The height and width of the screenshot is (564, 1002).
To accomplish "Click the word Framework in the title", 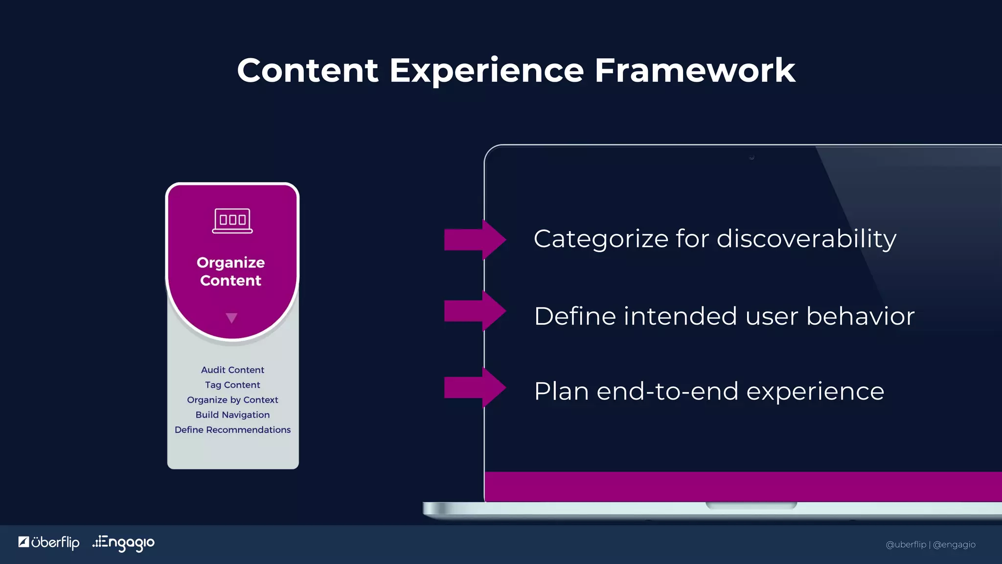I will coord(695,70).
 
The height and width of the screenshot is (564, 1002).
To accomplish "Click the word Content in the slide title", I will coord(307,70).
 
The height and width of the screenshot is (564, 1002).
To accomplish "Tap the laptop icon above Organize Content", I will coord(232,221).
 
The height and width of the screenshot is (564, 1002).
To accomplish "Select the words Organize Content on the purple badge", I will coord(231,271).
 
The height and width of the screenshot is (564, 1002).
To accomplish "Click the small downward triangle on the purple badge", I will coord(231,318).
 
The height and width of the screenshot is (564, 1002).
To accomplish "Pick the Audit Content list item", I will coord(232,370).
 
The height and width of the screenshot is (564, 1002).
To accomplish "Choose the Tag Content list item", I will coord(232,385).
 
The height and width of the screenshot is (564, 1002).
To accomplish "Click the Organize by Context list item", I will coord(232,400).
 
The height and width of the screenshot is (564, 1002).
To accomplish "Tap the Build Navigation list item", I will coord(232,415).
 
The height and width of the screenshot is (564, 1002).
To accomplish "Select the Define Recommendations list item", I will coord(232,430).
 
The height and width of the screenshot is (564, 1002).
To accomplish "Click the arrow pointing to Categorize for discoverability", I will coord(475,240).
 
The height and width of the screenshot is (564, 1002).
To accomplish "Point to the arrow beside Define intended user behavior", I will coord(475,311).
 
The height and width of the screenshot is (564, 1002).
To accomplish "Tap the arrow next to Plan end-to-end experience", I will coord(475,388).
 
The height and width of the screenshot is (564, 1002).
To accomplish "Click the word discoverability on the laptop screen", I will coord(806,239).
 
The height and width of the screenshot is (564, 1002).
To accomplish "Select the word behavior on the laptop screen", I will coord(860,316).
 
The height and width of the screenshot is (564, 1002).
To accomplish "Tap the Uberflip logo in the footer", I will coord(49,542).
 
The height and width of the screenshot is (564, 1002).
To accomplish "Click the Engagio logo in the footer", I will coord(124,542).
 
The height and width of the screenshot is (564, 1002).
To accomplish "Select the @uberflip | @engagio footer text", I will coord(930,544).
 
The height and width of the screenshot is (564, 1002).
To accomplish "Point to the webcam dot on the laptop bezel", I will coord(751,158).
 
